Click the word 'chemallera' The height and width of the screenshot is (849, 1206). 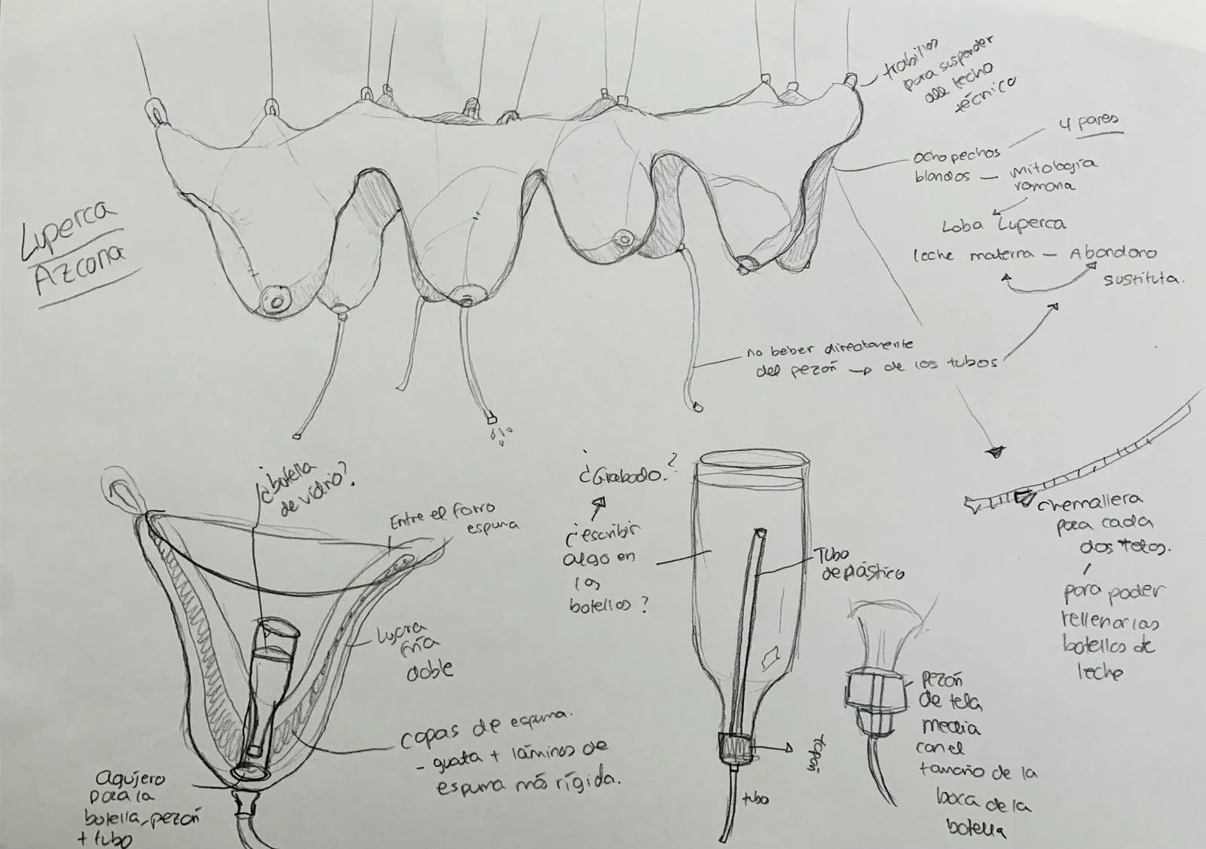[1090, 502]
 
